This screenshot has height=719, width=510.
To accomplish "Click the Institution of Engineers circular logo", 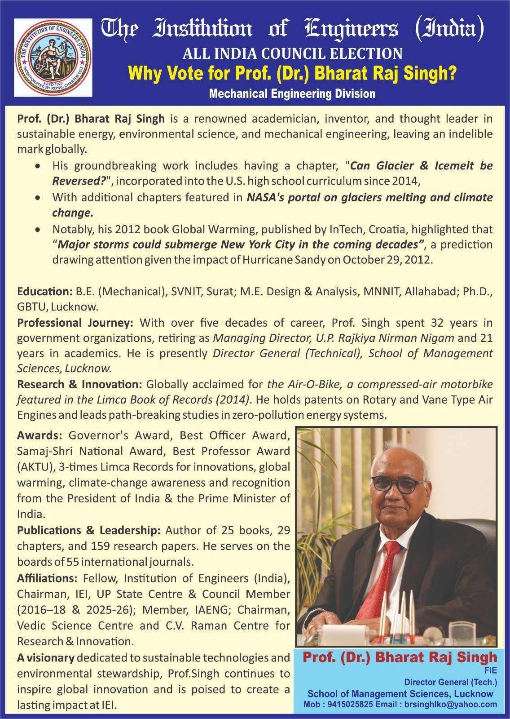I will (53, 58).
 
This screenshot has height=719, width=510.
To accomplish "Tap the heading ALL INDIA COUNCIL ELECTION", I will (292, 54).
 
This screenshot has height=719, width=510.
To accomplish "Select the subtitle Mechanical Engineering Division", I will (292, 94).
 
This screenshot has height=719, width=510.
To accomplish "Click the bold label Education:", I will (44, 292).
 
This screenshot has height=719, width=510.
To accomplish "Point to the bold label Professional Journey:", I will (75, 323).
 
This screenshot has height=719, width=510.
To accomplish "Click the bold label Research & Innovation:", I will (79, 384).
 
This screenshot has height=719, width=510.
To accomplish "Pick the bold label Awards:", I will (40, 435).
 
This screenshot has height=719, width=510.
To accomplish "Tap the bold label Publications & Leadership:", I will (88, 530).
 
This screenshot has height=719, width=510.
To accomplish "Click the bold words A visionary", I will (46, 657).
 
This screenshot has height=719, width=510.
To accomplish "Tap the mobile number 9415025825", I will (350, 705).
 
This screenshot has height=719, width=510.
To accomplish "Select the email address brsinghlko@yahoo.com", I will (451, 705).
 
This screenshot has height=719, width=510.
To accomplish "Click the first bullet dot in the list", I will (40, 166).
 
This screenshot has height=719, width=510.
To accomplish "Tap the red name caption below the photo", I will (400, 657).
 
